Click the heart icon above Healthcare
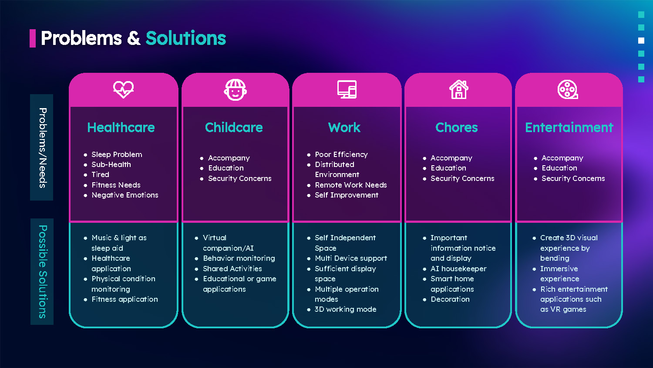click(123, 89)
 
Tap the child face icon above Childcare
click(235, 90)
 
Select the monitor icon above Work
click(347, 89)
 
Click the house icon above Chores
click(458, 89)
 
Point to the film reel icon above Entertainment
click(568, 89)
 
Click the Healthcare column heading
click(121, 127)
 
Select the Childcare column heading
click(234, 127)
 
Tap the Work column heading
click(344, 127)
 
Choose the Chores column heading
click(457, 127)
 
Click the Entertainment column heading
click(569, 127)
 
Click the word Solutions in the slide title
click(186, 38)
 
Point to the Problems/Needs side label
click(42, 147)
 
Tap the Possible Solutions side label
click(42, 271)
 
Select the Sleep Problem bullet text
click(117, 154)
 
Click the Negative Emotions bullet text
click(125, 195)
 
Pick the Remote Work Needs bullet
click(351, 185)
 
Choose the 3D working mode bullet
click(345, 309)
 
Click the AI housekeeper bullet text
click(458, 269)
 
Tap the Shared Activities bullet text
click(232, 269)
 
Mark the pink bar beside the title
click(32, 38)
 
